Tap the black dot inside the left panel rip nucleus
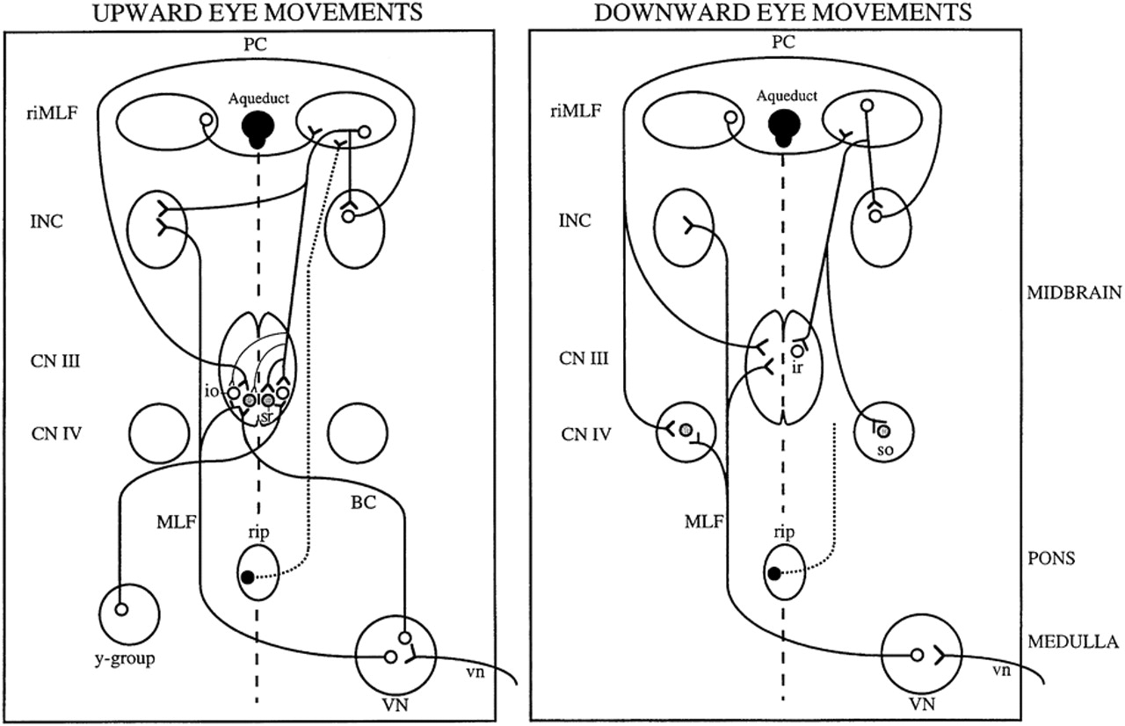(248, 577)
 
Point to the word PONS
(1051, 559)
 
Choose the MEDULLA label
(1072, 643)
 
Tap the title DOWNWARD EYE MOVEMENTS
(782, 12)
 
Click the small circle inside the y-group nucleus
(122, 609)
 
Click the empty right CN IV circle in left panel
(357, 433)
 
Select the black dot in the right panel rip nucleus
(773, 574)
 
